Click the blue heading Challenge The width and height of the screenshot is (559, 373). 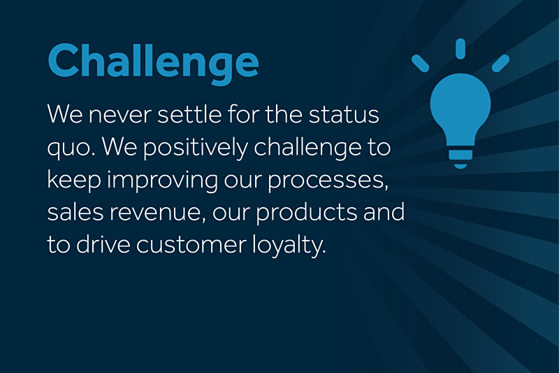153,62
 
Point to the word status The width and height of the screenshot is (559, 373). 344,115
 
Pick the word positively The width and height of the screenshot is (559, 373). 196,148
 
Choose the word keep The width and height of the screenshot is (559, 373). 74,181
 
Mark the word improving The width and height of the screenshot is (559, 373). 163,181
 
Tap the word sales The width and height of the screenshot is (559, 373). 75,211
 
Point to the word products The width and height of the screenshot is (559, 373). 306,213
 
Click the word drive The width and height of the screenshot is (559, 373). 103,244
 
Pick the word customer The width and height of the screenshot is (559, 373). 191,246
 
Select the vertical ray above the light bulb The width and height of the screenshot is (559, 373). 460,48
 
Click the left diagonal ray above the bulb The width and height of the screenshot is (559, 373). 421,63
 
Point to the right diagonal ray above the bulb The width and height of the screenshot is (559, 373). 500,63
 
